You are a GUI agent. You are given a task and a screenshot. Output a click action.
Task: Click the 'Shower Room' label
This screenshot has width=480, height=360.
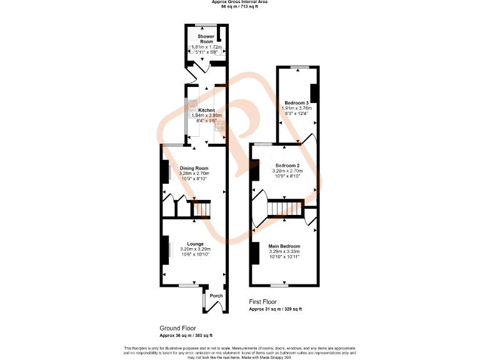click(206, 39)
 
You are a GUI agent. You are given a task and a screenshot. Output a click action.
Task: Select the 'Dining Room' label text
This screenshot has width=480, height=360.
click(194, 168)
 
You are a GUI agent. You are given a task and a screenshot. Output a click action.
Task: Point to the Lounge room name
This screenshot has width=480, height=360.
click(195, 244)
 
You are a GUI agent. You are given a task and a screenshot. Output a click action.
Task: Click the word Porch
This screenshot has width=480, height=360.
click(216, 296)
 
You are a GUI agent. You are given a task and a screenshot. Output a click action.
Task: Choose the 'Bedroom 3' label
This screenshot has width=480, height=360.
click(297, 102)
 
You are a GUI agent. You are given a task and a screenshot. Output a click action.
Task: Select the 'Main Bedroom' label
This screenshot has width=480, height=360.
click(284, 246)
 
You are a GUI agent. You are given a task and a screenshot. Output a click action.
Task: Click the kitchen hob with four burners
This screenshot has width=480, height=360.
click(221, 127)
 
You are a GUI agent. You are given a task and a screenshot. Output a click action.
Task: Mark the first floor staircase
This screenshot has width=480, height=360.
click(284, 209)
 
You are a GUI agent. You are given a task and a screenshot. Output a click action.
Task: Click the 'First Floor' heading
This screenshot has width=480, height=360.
click(262, 302)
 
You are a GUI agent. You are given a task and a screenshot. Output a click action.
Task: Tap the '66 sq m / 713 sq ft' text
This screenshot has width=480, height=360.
click(240, 7)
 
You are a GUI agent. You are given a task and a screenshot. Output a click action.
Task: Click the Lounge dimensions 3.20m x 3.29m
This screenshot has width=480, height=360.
click(195, 249)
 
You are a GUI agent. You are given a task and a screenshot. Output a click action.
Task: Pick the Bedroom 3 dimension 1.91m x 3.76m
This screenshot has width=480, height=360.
click(297, 108)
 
